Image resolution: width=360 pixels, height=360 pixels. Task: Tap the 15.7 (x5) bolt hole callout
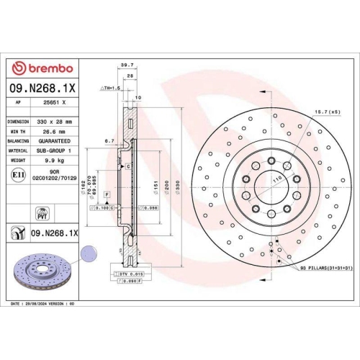(323, 112)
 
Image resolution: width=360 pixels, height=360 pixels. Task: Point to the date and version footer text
(45, 304)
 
